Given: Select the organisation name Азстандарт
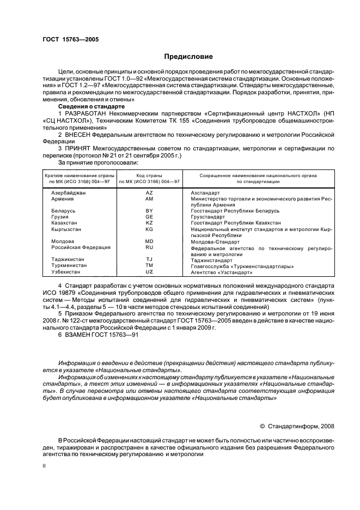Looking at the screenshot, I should pyautogui.click(x=205, y=193).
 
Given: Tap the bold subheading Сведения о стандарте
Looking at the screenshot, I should pyautogui.click(x=91, y=106).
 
